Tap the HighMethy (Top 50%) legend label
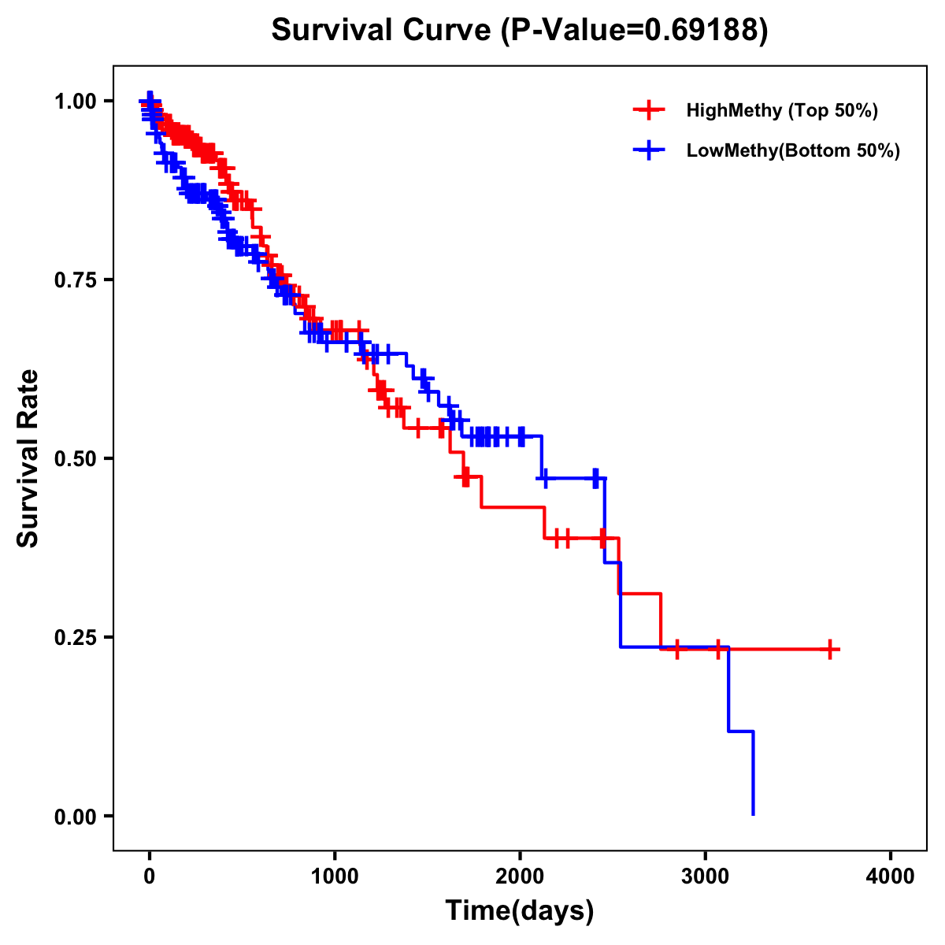tap(781, 110)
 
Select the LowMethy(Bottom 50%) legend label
tap(792, 151)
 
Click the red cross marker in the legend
tap(648, 110)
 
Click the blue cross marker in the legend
tap(648, 150)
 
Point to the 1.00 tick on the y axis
tap(75, 102)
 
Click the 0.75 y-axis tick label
tap(75, 280)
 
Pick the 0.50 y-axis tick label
tap(75, 459)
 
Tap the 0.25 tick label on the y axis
tap(75, 638)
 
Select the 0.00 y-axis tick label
tap(75, 817)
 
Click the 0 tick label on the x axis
tap(150, 877)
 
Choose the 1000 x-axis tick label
tap(335, 877)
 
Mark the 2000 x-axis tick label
tap(520, 877)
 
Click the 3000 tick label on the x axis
tap(706, 877)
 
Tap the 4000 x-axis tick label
tap(891, 877)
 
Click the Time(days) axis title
tap(520, 911)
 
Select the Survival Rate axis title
tap(28, 458)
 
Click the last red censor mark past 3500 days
tap(830, 649)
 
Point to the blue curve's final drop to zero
tap(754, 776)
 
